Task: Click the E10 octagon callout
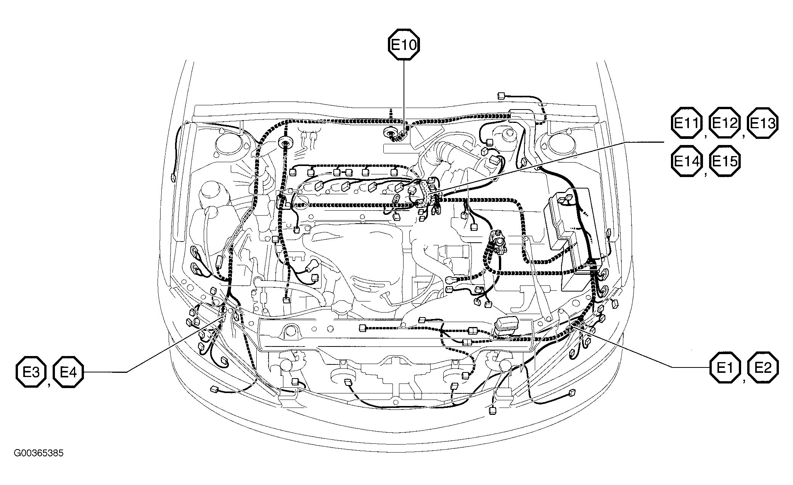pos(404,45)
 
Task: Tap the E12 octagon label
pos(724,124)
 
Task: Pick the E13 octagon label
pos(762,124)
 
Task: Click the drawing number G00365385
pos(39,453)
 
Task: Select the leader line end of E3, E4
pos(222,316)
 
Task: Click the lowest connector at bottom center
pos(492,411)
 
